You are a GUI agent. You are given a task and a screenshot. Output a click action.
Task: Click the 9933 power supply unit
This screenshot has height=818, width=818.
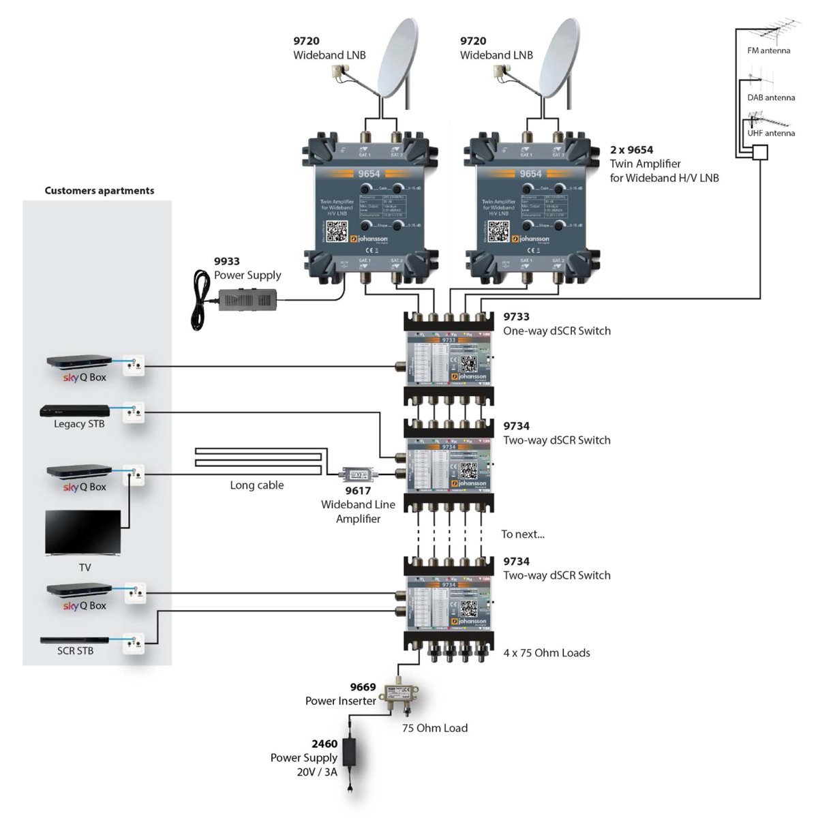(247, 298)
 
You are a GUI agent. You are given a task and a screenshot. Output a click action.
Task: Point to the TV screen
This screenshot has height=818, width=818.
(82, 532)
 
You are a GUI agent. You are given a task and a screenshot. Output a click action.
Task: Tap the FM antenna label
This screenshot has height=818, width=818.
(769, 50)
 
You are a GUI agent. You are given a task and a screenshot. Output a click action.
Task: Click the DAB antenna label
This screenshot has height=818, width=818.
(771, 97)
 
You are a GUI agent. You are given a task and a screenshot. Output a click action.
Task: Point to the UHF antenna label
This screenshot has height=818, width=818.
(771, 133)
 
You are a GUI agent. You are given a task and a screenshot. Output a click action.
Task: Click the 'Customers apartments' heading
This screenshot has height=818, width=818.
(100, 191)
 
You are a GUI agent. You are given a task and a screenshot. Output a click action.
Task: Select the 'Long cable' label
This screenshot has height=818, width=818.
(256, 485)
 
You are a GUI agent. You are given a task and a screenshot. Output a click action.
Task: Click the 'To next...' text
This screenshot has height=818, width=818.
(523, 534)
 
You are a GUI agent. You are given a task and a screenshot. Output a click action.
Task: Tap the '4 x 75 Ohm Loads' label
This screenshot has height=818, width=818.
(547, 653)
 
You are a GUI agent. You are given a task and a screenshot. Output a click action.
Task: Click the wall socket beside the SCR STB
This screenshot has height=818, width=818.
(134, 643)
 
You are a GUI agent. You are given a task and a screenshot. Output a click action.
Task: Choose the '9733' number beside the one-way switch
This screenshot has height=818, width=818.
(516, 316)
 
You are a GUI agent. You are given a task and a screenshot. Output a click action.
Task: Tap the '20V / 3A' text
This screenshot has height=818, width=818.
(317, 772)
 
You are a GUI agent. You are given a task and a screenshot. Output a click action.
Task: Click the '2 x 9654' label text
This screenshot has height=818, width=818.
(631, 150)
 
